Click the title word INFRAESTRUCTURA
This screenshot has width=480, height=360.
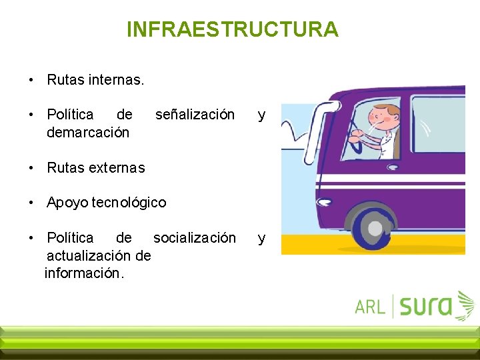(x=232, y=29)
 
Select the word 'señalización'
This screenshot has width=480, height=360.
(x=195, y=115)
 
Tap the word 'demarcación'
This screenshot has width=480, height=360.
(x=88, y=132)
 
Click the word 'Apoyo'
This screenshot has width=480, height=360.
(x=67, y=202)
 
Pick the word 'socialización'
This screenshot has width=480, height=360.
(x=195, y=237)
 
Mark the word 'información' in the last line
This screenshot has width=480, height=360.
(x=83, y=273)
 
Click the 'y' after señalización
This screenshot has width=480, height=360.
(x=261, y=115)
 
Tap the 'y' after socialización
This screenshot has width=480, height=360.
(x=261, y=237)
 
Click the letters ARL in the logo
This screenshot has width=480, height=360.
(x=370, y=307)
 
